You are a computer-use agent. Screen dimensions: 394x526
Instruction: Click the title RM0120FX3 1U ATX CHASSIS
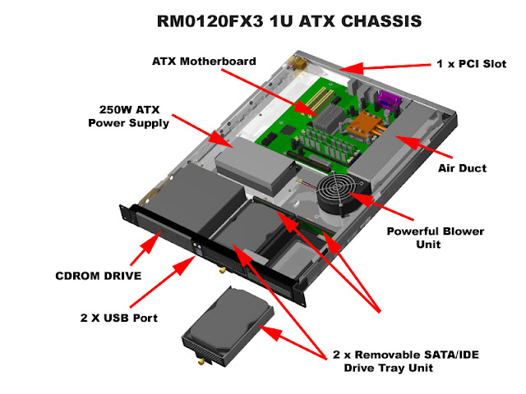(262, 21)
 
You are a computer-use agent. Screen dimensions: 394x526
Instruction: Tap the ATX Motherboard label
(204, 62)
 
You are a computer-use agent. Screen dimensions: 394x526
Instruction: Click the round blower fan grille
(338, 197)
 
